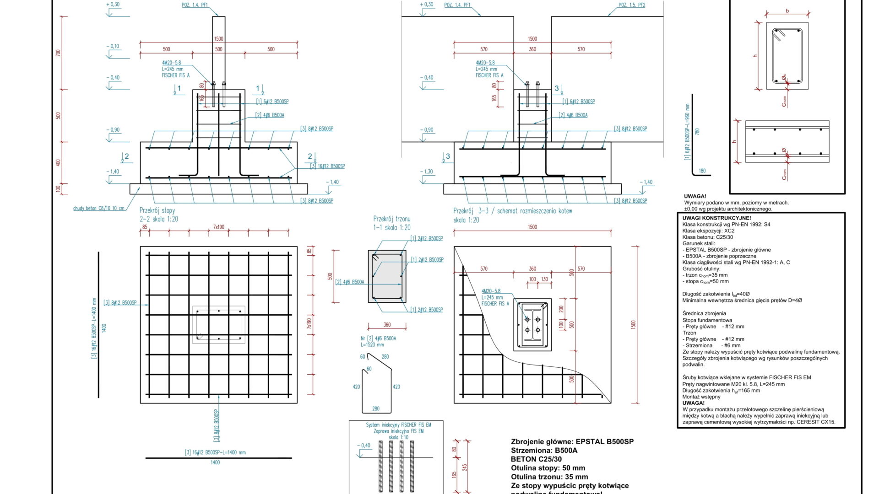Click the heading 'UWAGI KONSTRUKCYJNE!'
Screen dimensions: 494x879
[x=716, y=218]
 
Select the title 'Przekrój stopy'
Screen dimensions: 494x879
[x=157, y=210]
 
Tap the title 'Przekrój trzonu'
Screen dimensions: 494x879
[x=391, y=219]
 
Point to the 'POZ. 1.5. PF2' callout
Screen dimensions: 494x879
[x=631, y=5]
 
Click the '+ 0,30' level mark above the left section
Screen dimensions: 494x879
[x=113, y=5]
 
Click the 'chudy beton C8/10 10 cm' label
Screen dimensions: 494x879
[x=99, y=209]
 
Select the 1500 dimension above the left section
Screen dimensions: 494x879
[x=218, y=39]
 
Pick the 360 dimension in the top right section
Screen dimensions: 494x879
[x=532, y=49]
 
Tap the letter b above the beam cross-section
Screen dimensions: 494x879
[x=787, y=11]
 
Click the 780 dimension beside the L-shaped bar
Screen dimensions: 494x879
[x=697, y=131]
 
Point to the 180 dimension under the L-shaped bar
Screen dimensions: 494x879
[x=702, y=171]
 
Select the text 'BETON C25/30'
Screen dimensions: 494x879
[x=536, y=459]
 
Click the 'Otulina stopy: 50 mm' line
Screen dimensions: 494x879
[x=548, y=468]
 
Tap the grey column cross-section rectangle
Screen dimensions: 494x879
[x=387, y=276]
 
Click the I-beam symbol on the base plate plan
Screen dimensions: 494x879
[x=532, y=325]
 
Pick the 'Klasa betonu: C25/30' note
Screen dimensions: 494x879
[x=707, y=237]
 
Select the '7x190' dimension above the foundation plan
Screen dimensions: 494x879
[x=219, y=227]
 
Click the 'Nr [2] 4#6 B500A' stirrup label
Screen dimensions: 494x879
[x=378, y=338]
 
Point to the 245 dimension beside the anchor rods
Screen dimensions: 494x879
[x=465, y=467]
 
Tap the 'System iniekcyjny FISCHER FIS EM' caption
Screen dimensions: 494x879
[x=398, y=425]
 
